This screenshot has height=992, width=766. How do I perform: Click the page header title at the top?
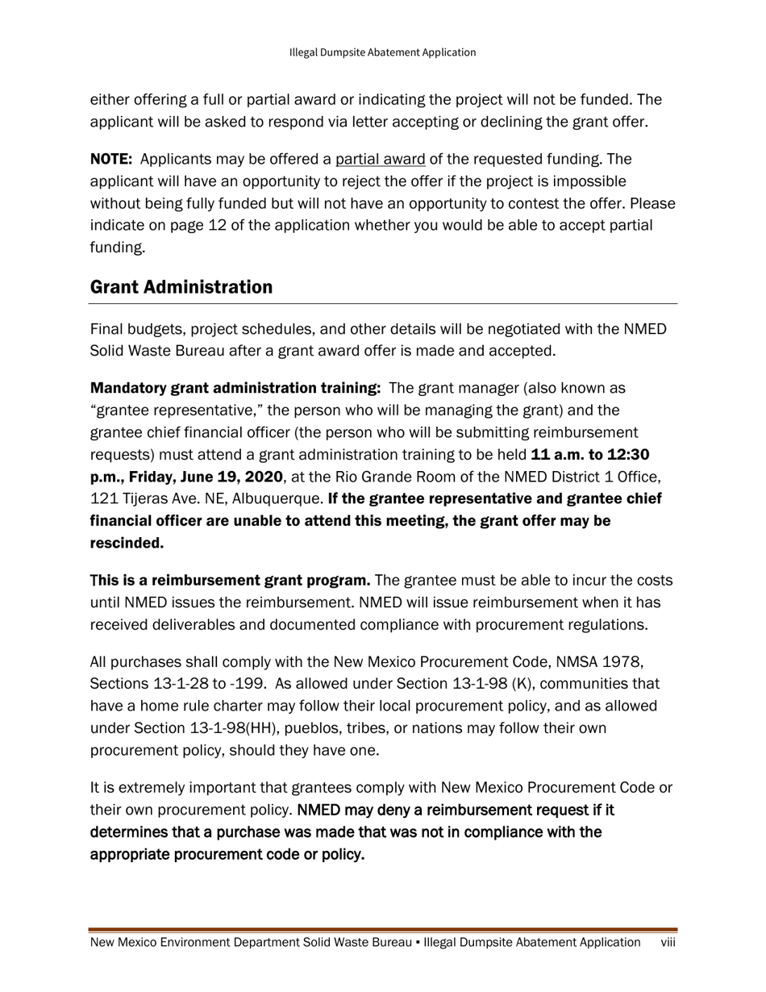click(x=382, y=52)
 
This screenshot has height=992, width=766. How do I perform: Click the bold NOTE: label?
click(x=111, y=160)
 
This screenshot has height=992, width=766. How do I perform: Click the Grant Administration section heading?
click(x=181, y=287)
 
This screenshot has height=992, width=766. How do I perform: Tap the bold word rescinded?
click(x=127, y=544)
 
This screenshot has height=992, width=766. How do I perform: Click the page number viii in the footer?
click(x=668, y=943)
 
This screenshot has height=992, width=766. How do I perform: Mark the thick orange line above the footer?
click(x=383, y=930)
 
